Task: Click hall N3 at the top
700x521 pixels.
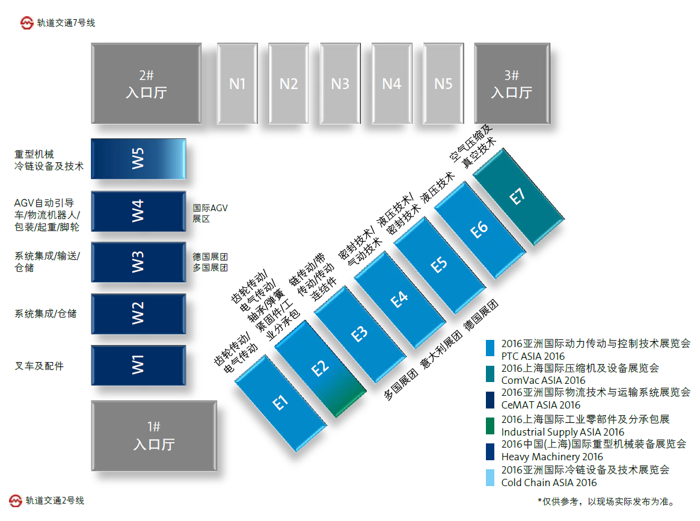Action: pyautogui.click(x=340, y=83)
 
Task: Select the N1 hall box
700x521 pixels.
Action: pyautogui.click(x=238, y=83)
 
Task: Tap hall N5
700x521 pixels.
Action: pyautogui.click(x=443, y=83)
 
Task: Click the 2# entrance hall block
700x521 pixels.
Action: pyautogui.click(x=146, y=84)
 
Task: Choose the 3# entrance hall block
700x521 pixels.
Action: pyautogui.click(x=511, y=84)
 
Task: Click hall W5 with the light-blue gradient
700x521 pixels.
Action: pyautogui.click(x=138, y=159)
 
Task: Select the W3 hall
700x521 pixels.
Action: pyautogui.click(x=138, y=262)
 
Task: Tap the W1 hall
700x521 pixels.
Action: pyautogui.click(x=138, y=365)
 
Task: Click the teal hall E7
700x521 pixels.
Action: pyautogui.click(x=518, y=196)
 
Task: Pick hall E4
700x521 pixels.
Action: pyautogui.click(x=399, y=299)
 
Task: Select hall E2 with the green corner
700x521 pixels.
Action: pyautogui.click(x=321, y=368)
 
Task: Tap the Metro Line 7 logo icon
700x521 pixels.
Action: pyautogui.click(x=26, y=23)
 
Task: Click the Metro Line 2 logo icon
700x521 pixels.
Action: pyautogui.click(x=16, y=501)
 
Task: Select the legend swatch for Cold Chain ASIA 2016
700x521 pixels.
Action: pyautogui.click(x=491, y=476)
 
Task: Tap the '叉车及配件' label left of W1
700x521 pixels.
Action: pyautogui.click(x=39, y=365)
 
